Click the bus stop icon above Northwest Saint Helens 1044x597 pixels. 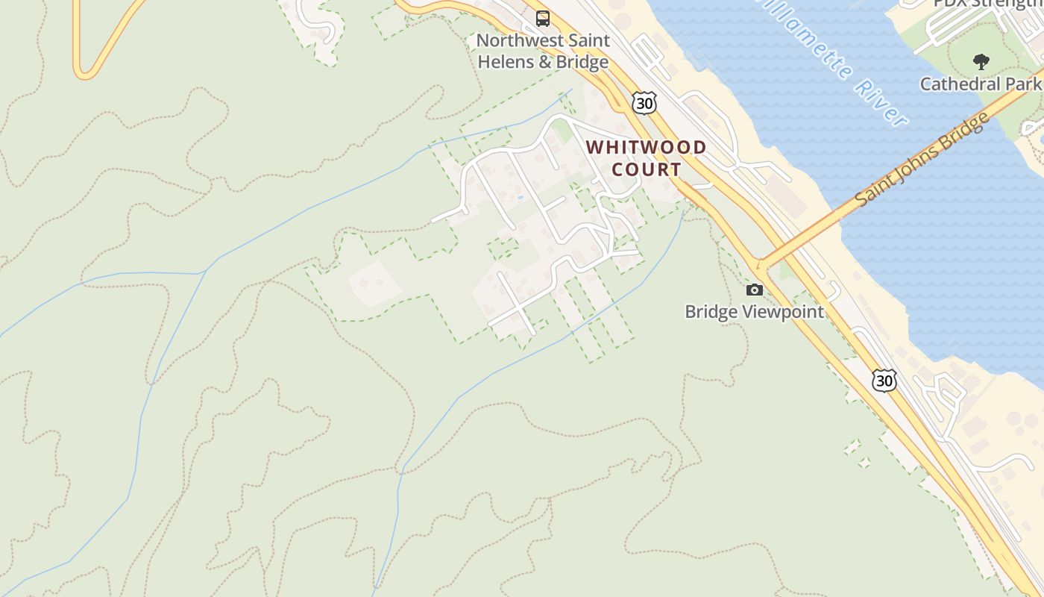543,19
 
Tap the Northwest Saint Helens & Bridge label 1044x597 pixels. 543,51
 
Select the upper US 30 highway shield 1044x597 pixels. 644,103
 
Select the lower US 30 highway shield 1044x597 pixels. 884,381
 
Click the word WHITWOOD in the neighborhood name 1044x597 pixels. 647,147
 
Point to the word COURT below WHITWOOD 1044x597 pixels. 647,169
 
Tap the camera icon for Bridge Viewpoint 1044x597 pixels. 755,290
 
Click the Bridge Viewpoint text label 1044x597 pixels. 755,311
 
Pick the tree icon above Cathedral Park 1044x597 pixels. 981,62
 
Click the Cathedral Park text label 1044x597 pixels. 980,84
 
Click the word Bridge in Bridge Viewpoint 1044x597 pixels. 709,311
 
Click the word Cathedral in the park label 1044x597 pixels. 955,84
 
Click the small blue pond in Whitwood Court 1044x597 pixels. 519,198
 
